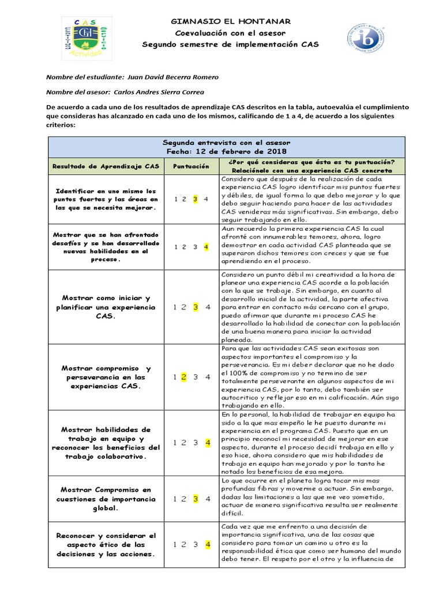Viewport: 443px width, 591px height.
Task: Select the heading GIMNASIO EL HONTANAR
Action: [x=230, y=21]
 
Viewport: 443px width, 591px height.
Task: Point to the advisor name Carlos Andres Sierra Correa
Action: [x=159, y=91]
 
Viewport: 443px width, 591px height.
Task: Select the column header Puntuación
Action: [x=191, y=166]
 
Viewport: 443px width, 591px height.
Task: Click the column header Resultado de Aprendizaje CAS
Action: [x=106, y=166]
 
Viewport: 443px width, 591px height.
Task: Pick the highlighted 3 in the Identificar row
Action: [x=196, y=199]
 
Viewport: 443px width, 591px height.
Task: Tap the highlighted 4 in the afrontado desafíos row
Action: [x=206, y=246]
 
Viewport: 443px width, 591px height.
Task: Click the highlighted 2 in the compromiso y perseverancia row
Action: [x=184, y=377]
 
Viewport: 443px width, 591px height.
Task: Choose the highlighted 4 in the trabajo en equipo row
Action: [x=206, y=443]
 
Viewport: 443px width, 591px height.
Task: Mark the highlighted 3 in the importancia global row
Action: [x=196, y=499]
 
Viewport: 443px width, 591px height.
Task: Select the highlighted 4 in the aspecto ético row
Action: [x=206, y=544]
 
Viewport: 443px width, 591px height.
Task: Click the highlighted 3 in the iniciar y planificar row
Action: [x=196, y=307]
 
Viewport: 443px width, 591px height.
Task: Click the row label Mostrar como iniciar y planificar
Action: [x=106, y=307]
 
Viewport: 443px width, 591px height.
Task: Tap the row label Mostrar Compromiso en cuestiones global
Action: [x=106, y=499]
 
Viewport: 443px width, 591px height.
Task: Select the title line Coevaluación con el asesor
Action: [x=230, y=33]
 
